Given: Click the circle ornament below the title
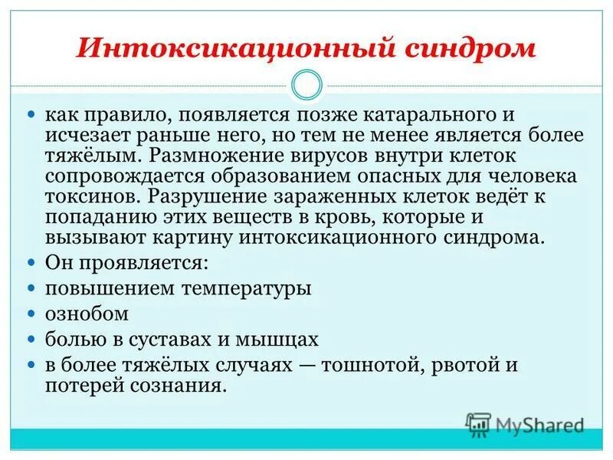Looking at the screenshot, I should coord(306,84).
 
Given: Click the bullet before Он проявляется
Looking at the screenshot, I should coord(31,262).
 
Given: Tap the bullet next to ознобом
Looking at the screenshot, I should coord(31,314).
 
